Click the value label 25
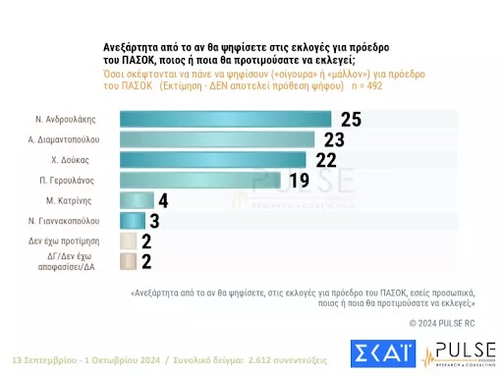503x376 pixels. pyautogui.click(x=351, y=120)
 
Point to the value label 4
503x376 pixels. pyautogui.click(x=165, y=200)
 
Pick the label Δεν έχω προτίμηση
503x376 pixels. pyautogui.click(x=79, y=241)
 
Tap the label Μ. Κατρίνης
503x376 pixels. pyautogui.click(x=91, y=200)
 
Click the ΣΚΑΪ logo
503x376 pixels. pyautogui.click(x=382, y=351)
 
